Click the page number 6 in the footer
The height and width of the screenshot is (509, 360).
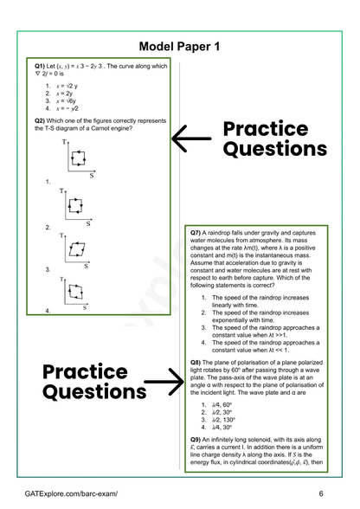pos(320,493)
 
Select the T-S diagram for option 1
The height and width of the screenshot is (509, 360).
pos(76,159)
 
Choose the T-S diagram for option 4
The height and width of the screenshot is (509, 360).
pos(76,292)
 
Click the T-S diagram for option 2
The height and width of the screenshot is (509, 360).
pos(76,204)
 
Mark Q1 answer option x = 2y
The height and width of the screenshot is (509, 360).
pos(67,93)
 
